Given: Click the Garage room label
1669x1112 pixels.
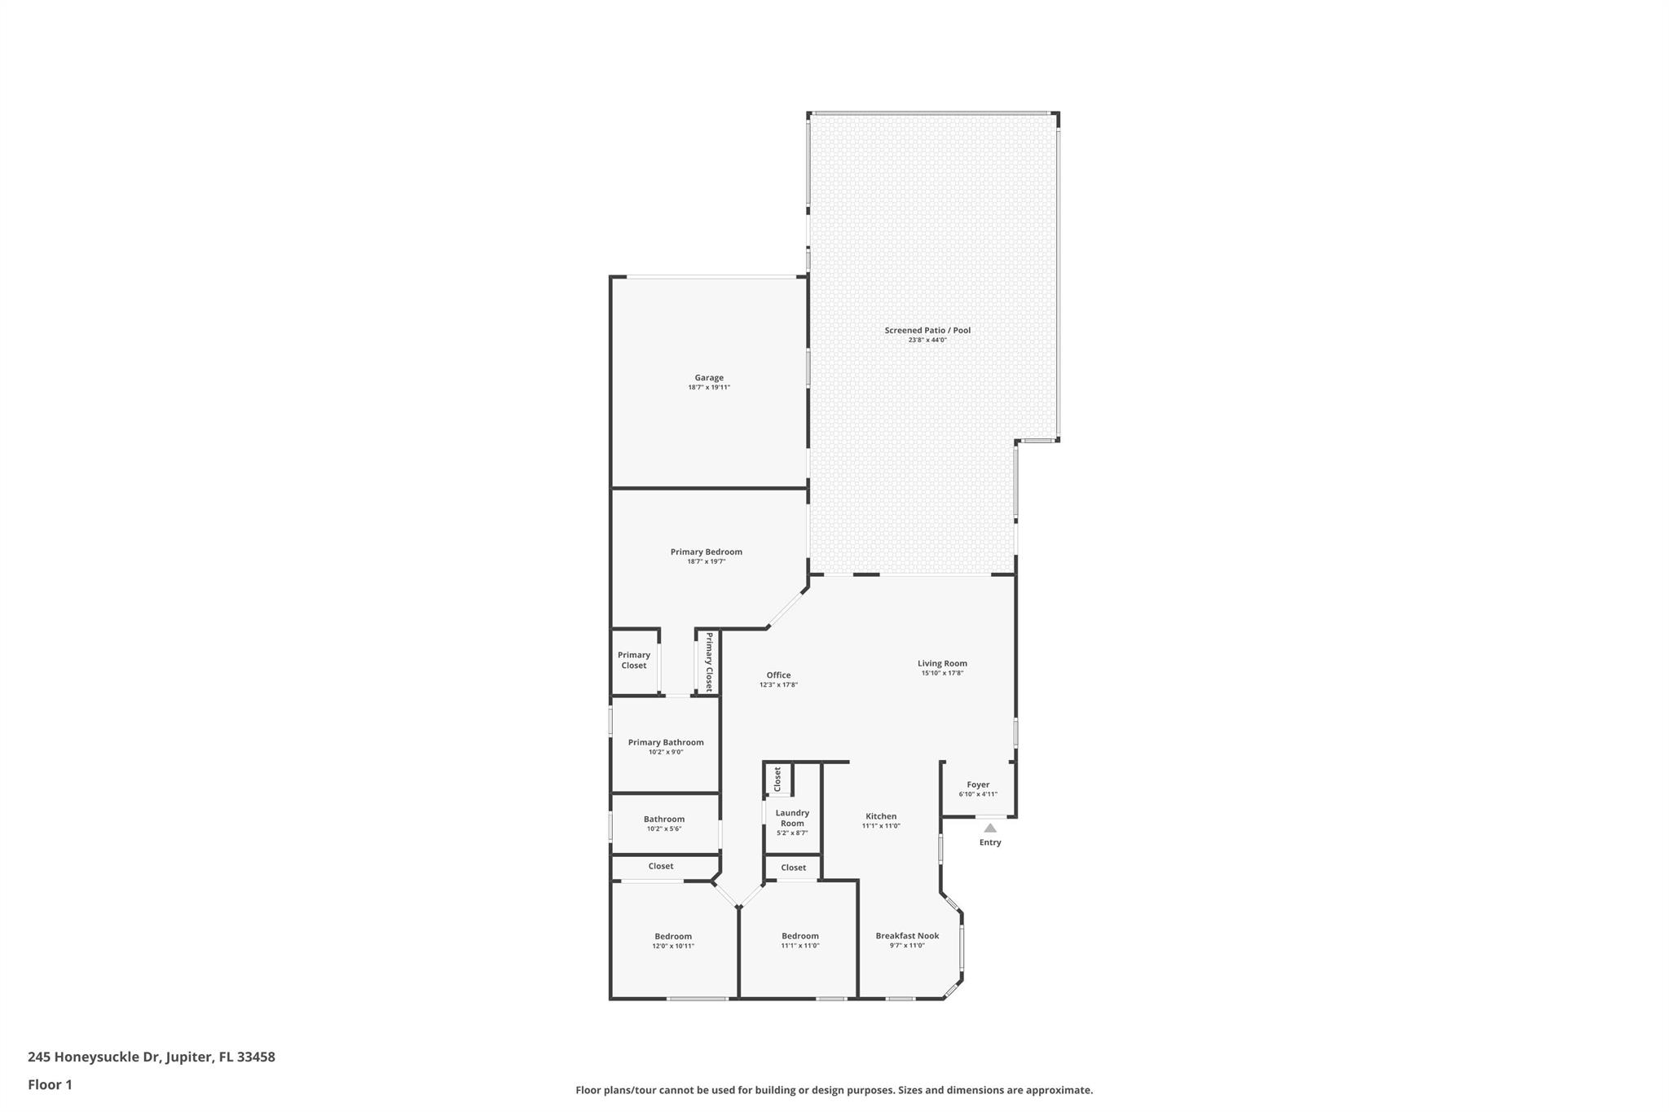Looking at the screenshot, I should (x=708, y=377).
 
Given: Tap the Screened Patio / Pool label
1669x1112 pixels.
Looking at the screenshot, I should (x=927, y=330).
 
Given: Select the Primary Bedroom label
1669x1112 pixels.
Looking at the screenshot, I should (x=706, y=552).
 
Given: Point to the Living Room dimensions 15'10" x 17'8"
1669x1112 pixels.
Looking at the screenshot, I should (x=942, y=674).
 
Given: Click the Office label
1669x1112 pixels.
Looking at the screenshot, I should (x=778, y=675).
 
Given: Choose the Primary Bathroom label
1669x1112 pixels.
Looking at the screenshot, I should (x=665, y=742).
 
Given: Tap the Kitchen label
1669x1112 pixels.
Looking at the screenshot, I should (x=880, y=816).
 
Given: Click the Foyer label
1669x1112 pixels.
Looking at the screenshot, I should (x=978, y=785).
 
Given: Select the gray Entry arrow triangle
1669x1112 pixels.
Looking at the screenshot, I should (x=990, y=828).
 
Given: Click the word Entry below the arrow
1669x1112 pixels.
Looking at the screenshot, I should (x=990, y=842).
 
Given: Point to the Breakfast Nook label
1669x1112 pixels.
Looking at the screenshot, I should (x=907, y=936).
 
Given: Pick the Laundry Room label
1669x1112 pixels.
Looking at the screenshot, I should (x=792, y=818).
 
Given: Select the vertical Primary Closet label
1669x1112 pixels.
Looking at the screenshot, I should (x=709, y=661).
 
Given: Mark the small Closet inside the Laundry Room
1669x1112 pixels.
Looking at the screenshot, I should (x=777, y=779).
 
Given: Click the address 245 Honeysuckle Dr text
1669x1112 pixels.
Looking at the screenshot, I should (x=151, y=1057).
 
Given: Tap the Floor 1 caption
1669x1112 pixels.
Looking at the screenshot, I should (x=50, y=1084).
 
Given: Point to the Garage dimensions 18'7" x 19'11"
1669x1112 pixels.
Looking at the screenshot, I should (x=708, y=388).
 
